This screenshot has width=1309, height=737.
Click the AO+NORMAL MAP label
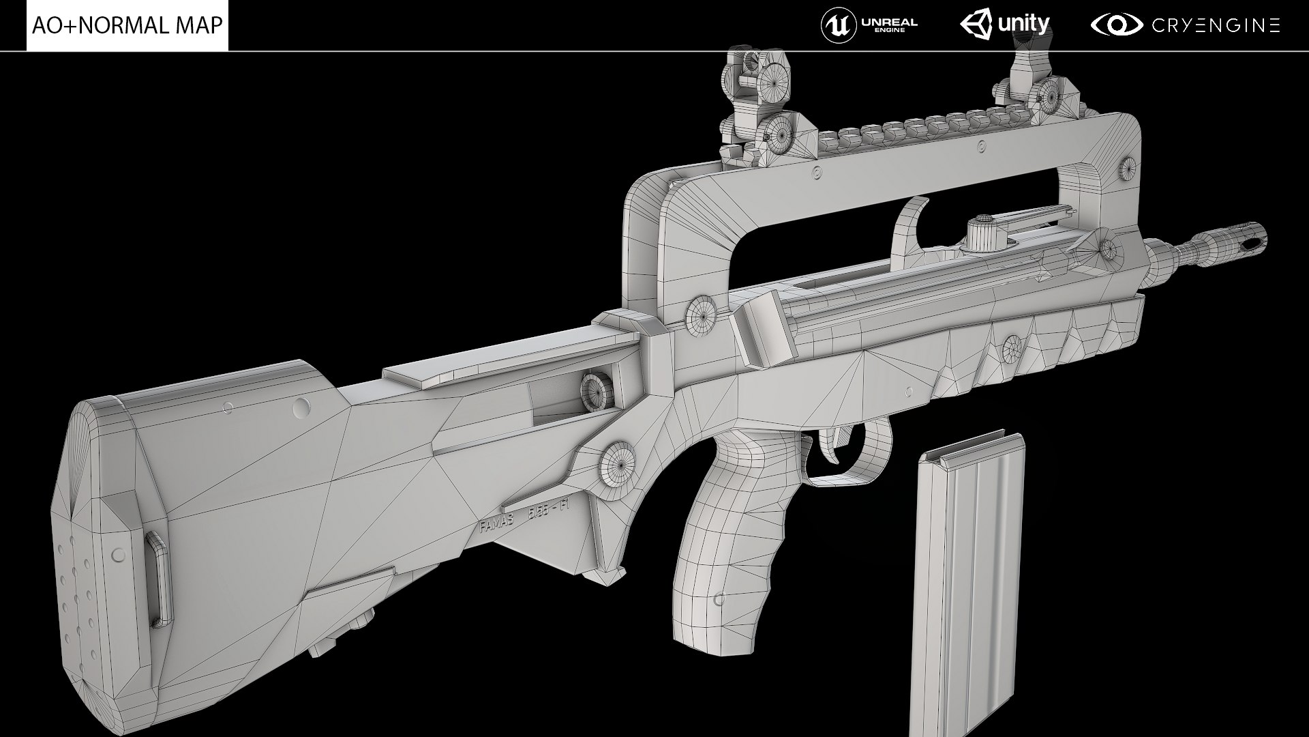(127, 25)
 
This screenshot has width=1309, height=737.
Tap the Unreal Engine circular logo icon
(839, 26)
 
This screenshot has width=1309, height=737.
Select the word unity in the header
(1023, 25)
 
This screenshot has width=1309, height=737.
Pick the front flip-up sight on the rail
(1029, 82)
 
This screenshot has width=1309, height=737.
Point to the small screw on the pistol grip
(719, 599)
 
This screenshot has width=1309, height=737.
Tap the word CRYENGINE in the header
(1216, 26)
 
